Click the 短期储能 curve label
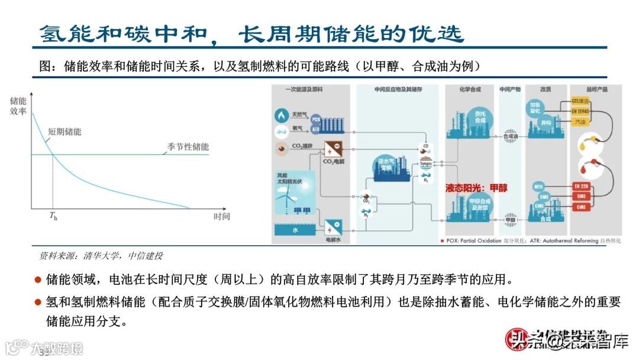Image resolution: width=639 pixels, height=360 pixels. click(x=64, y=131)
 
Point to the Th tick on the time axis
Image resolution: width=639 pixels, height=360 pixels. click(x=53, y=217)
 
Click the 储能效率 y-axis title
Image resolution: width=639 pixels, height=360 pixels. click(x=18, y=106)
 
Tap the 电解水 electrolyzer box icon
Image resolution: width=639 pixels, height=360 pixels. click(x=331, y=227)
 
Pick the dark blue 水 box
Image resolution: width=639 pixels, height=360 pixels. click(x=295, y=231)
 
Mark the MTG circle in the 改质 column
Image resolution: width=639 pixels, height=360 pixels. click(x=538, y=186)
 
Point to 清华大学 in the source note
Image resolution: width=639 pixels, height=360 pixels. click(x=98, y=256)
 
